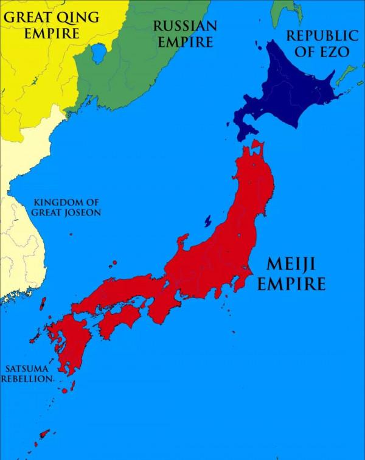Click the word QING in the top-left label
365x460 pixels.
77,17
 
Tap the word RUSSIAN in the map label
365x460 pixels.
185,26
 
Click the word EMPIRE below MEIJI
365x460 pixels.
291,284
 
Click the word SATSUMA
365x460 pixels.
27,368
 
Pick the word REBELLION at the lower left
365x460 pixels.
27,378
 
